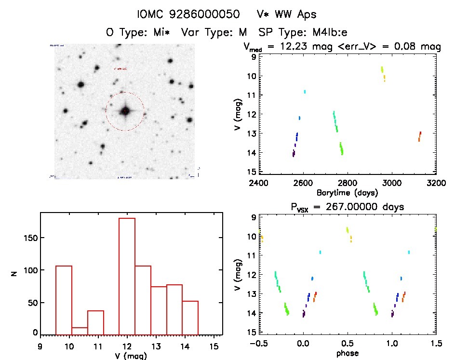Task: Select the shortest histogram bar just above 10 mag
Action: (80, 331)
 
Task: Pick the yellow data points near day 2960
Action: (383, 73)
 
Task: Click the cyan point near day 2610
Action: (305, 92)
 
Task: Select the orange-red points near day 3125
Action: (419, 136)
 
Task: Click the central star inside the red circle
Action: (125, 111)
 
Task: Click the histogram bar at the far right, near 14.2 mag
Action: (190, 318)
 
